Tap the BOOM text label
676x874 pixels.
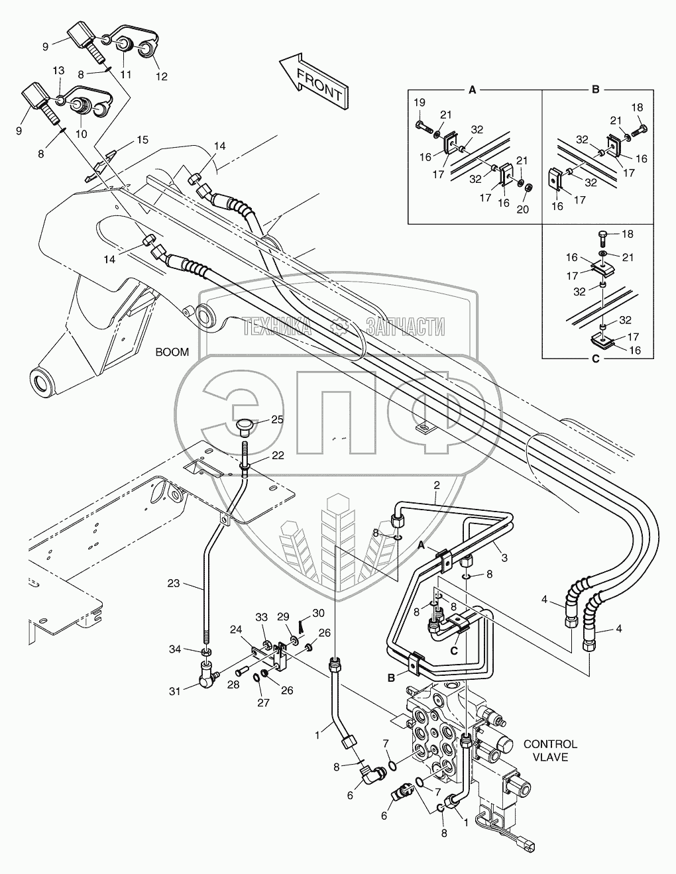pyautogui.click(x=172, y=352)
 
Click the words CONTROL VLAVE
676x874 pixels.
pyautogui.click(x=550, y=751)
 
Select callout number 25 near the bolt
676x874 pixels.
pyautogui.click(x=277, y=419)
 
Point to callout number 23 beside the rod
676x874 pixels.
pyautogui.click(x=174, y=583)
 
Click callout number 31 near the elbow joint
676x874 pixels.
pyautogui.click(x=174, y=690)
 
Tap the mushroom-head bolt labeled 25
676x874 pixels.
pyautogui.click(x=243, y=429)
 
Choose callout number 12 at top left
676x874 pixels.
pyautogui.click(x=161, y=76)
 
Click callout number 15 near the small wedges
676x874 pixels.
pyautogui.click(x=142, y=140)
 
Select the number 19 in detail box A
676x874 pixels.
pyautogui.click(x=419, y=103)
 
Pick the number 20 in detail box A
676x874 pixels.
pyautogui.click(x=522, y=209)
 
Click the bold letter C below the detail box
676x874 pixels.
pyautogui.click(x=596, y=359)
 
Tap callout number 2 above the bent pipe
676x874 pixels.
pyautogui.click(x=437, y=486)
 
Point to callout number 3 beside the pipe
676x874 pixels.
pyautogui.click(x=504, y=558)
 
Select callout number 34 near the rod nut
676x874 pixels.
pyautogui.click(x=174, y=649)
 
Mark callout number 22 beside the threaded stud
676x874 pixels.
pyautogui.click(x=278, y=455)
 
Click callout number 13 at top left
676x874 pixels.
pyautogui.click(x=59, y=70)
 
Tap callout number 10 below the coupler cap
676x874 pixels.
pyautogui.click(x=82, y=134)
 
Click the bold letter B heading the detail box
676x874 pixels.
pyautogui.click(x=596, y=89)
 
